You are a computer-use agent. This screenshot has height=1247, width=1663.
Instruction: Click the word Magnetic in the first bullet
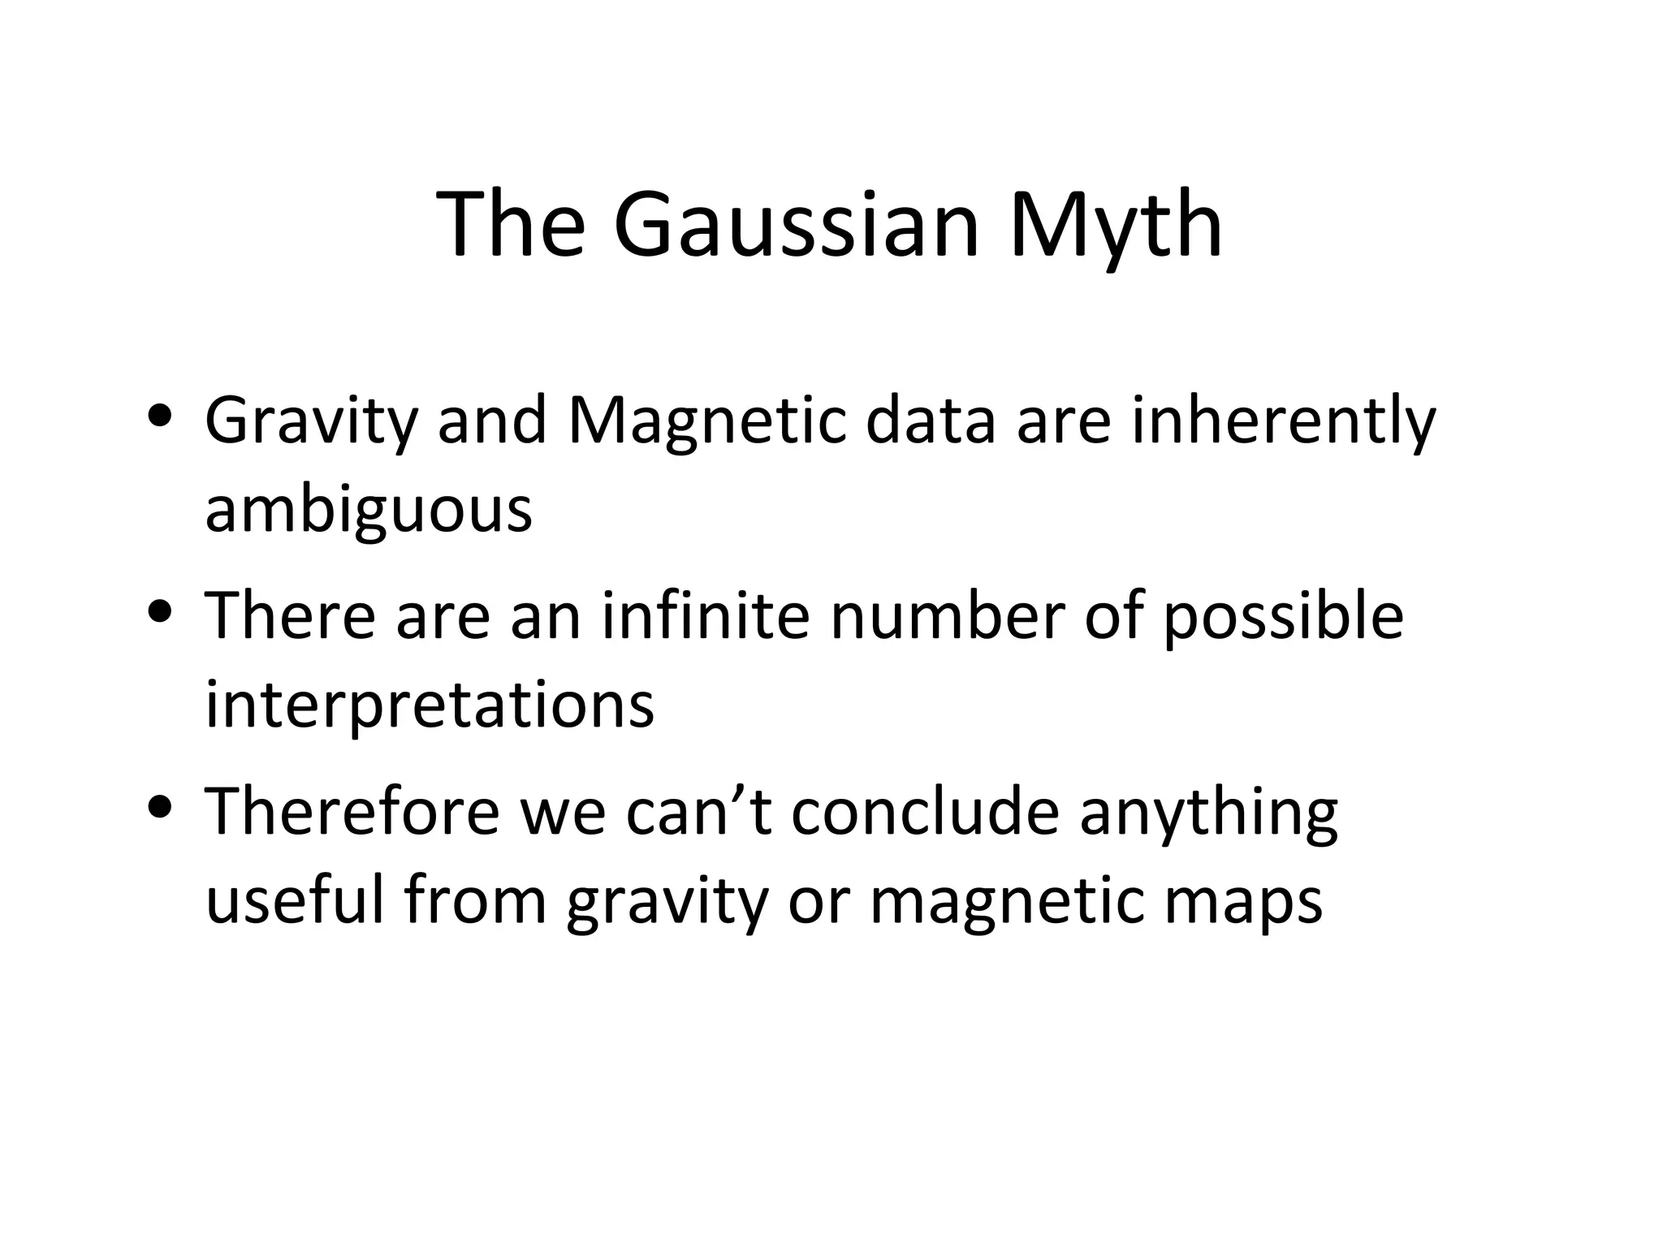(x=706, y=422)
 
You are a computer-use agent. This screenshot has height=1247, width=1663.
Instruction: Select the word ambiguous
(x=369, y=511)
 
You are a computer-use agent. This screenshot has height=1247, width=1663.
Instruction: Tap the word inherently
(x=1283, y=422)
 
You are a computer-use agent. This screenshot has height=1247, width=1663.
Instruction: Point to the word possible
(x=1283, y=617)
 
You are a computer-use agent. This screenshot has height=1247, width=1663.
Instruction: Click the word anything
(x=1208, y=813)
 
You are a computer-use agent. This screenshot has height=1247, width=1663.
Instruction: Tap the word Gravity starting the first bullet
(x=311, y=422)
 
